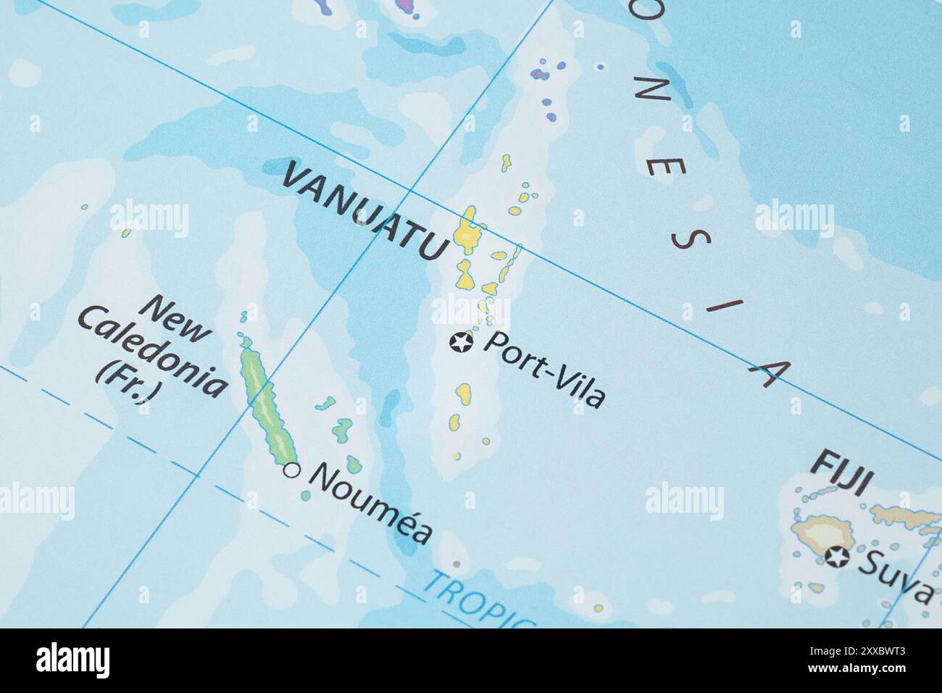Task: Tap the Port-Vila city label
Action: [543, 370]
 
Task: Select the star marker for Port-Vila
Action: [460, 341]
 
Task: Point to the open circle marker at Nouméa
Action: [292, 470]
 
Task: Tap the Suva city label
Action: [896, 576]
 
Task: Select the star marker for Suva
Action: [838, 557]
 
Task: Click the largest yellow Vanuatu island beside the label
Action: [468, 232]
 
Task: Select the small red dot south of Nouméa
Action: [457, 563]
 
